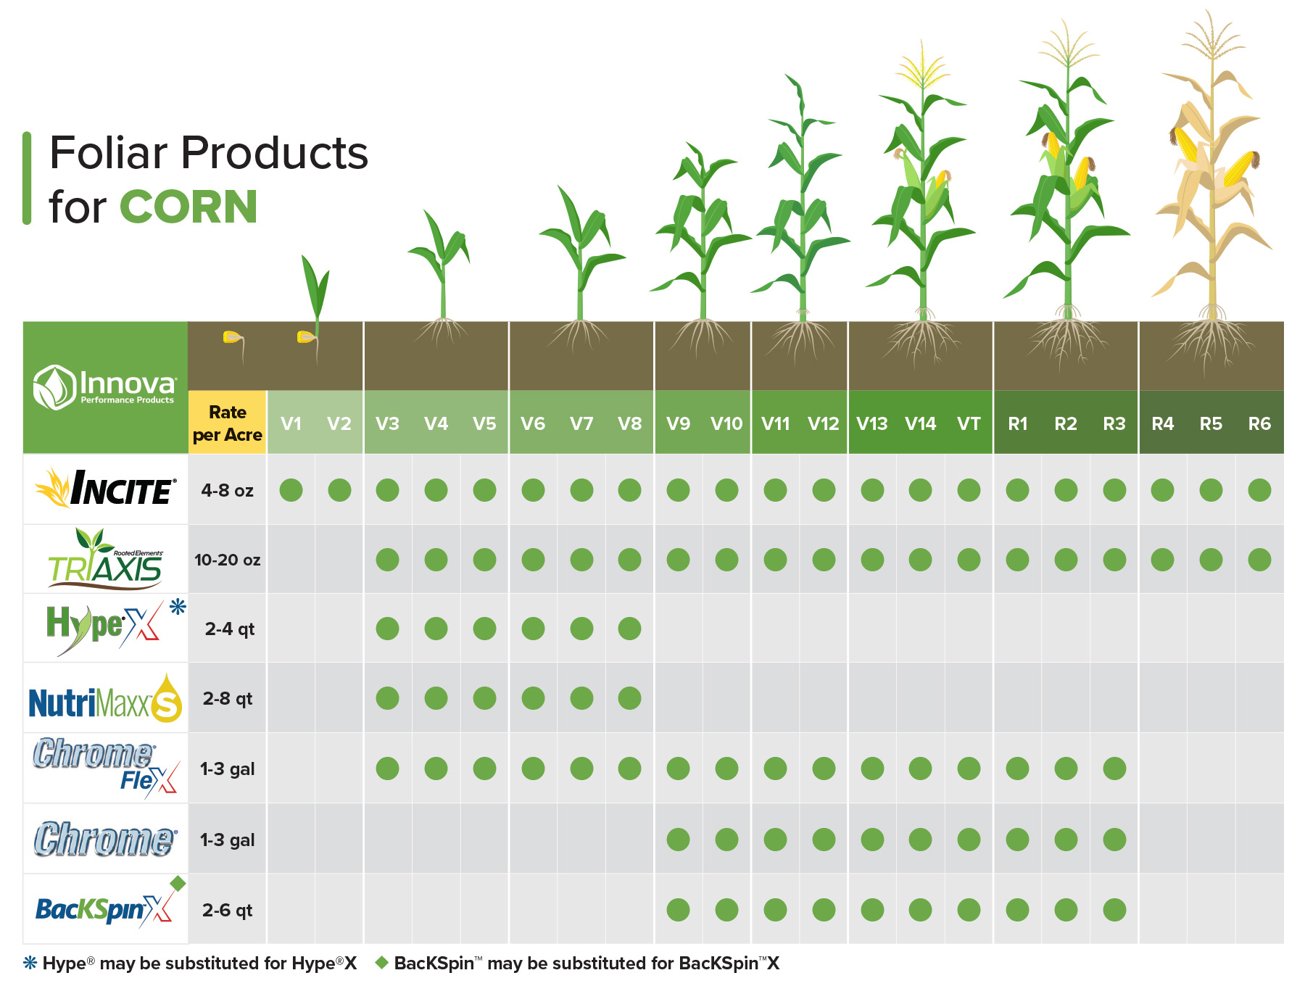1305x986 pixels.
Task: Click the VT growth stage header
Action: click(x=969, y=423)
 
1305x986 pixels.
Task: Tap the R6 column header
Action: click(x=1259, y=423)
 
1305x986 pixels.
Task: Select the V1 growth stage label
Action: click(x=291, y=423)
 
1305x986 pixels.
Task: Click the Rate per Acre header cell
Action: click(x=228, y=423)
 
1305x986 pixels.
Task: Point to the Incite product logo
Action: click(x=106, y=489)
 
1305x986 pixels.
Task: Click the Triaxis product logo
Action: click(x=106, y=560)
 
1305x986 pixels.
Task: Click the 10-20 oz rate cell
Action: click(x=228, y=560)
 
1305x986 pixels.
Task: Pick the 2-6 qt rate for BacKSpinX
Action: click(x=228, y=910)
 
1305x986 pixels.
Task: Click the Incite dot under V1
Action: click(x=291, y=490)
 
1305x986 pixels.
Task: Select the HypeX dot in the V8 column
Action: click(x=629, y=629)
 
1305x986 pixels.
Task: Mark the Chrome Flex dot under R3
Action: click(x=1114, y=768)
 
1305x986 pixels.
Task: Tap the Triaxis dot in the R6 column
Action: click(x=1259, y=560)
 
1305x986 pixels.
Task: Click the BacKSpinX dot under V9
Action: click(x=678, y=910)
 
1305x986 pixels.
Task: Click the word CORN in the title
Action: click(x=188, y=207)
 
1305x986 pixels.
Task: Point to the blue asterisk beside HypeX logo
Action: click(x=178, y=607)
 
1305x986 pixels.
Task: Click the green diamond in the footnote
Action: click(x=382, y=963)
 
